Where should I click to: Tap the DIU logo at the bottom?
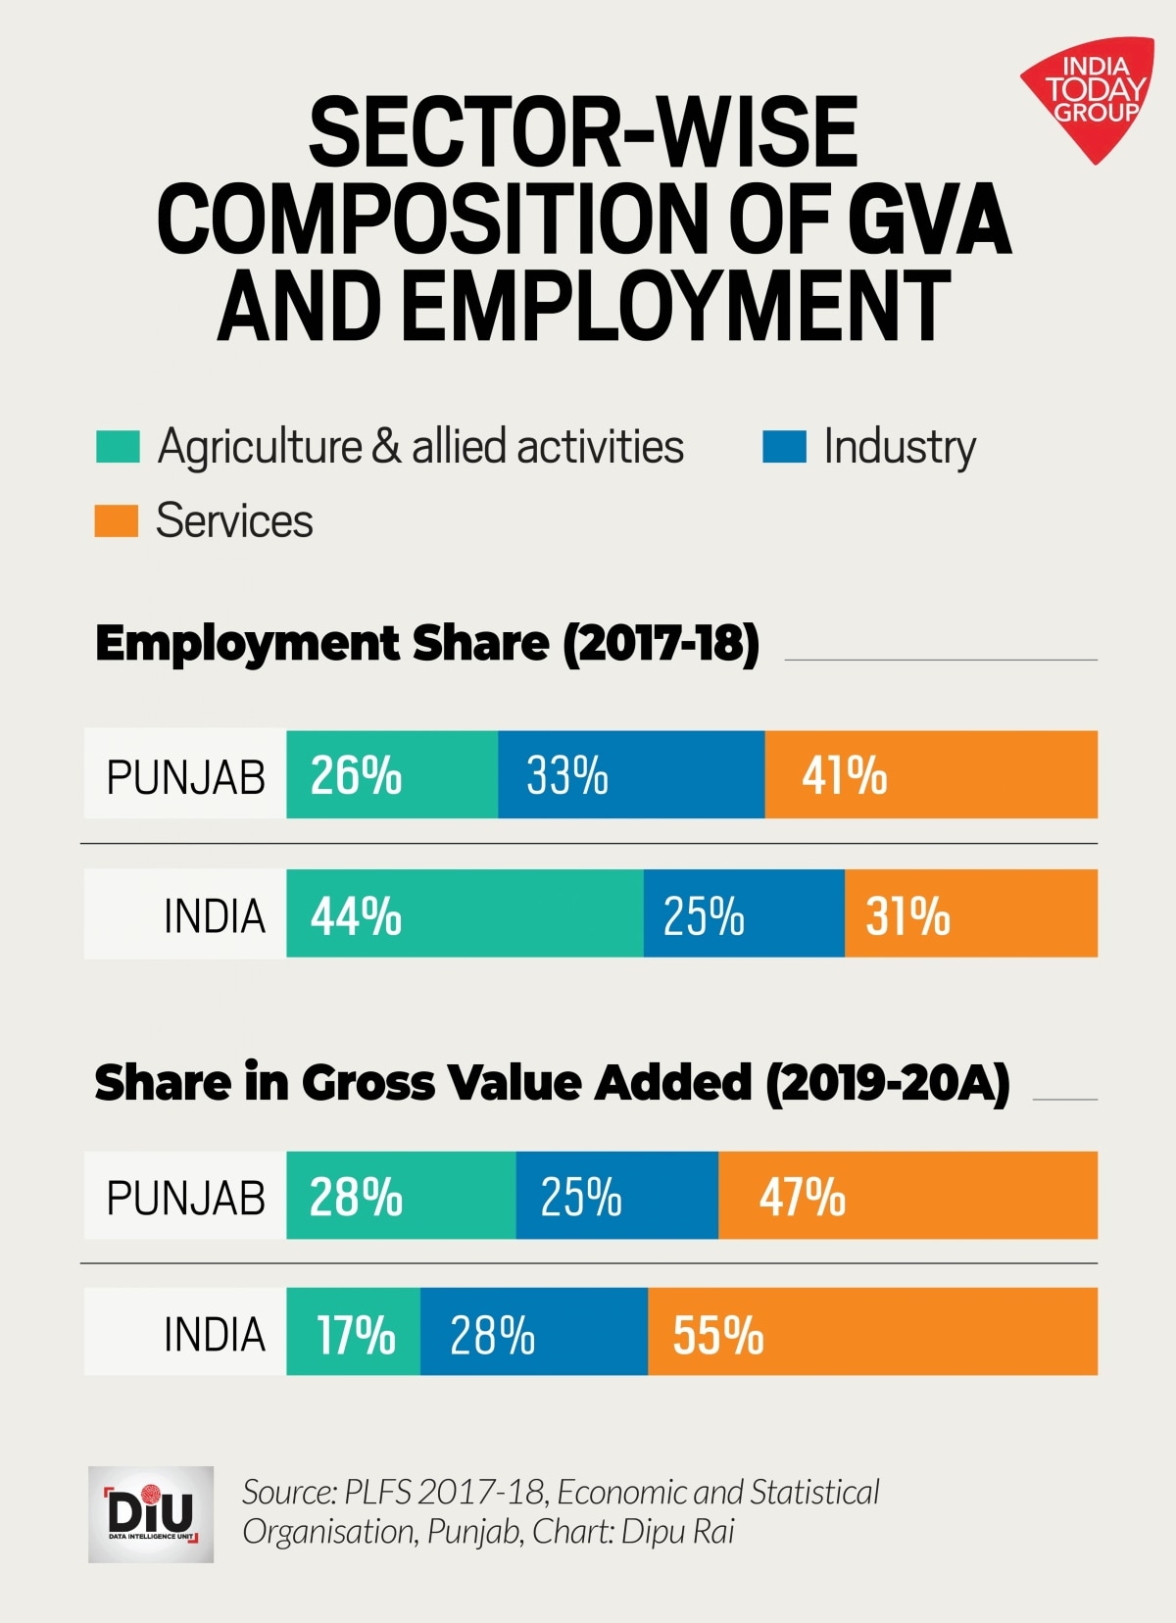[x=151, y=1513]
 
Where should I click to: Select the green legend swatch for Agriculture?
[x=118, y=446]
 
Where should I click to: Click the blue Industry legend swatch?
[x=784, y=446]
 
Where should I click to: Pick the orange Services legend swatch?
[x=116, y=520]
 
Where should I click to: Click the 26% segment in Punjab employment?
[x=392, y=774]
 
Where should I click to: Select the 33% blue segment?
[x=631, y=774]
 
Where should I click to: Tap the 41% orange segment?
[x=931, y=774]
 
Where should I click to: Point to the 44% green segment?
[x=465, y=913]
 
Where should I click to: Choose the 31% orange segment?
[x=970, y=913]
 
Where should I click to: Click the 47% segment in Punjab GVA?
[x=907, y=1196]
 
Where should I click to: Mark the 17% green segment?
[x=354, y=1332]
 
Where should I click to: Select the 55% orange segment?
[x=872, y=1332]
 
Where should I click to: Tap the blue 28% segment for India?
[x=534, y=1332]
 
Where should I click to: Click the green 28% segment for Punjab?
[x=401, y=1196]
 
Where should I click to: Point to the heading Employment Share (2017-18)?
[x=427, y=644]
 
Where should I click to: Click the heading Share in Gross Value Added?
[x=552, y=1083]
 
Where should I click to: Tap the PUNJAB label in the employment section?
[x=185, y=777]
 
